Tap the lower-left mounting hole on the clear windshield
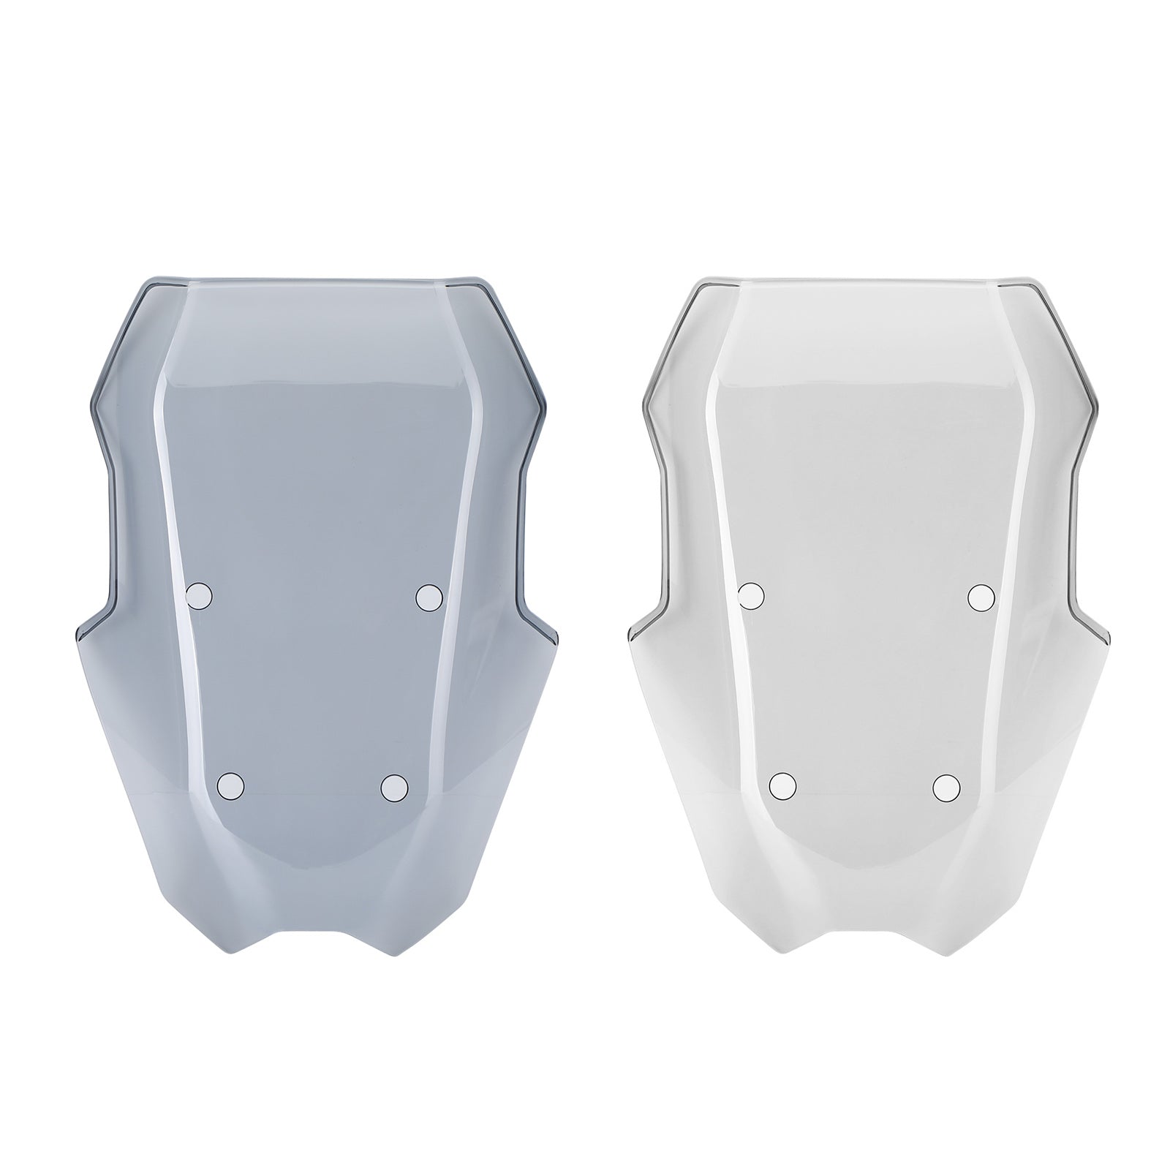pos(783,785)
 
